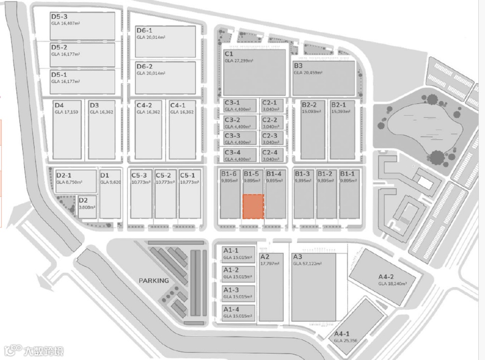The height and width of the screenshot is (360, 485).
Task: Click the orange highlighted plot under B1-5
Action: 253,206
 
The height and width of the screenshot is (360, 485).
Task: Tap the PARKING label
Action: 154,280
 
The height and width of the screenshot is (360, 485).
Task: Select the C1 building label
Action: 229,53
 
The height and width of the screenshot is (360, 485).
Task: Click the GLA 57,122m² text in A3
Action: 307,264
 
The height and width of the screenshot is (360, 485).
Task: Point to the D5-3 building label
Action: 59,17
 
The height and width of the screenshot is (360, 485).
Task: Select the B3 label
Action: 298,66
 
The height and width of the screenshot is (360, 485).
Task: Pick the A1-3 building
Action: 239,293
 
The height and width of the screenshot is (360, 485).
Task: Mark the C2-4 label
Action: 269,152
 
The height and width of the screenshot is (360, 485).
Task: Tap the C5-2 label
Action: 163,175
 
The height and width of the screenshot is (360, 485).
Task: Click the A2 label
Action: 265,257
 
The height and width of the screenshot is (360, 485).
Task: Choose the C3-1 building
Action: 239,106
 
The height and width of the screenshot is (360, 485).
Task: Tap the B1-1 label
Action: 348,174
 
